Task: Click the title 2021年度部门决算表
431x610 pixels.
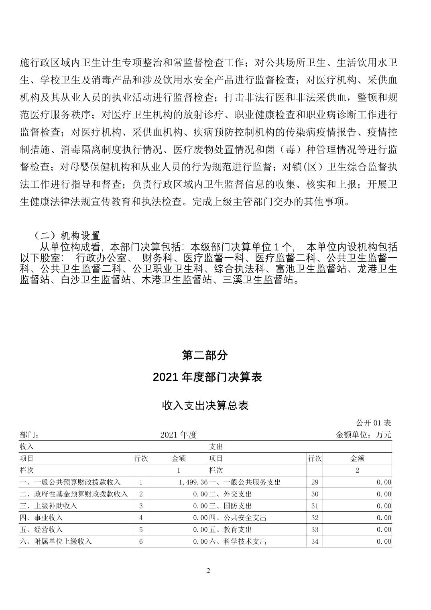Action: [207, 377]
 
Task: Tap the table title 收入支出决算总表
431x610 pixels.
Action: [205, 405]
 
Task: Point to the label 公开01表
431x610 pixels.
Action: [373, 423]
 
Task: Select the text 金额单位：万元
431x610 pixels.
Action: [363, 435]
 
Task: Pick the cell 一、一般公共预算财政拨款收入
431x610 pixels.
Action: [70, 482]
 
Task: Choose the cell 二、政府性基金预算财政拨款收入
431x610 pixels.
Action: [74, 494]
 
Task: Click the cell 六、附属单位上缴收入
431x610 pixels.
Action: [56, 541]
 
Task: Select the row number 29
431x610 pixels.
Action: [315, 482]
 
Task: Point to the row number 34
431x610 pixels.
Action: [315, 541]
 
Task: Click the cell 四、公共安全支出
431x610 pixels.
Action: [238, 518]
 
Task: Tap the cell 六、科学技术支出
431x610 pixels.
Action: [238, 541]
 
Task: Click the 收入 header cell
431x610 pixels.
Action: [27, 446]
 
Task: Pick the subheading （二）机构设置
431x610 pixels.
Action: [67, 235]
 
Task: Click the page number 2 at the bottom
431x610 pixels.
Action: [208, 571]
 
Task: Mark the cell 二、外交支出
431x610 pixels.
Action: [230, 494]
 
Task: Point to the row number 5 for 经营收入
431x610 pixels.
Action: [141, 530]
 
